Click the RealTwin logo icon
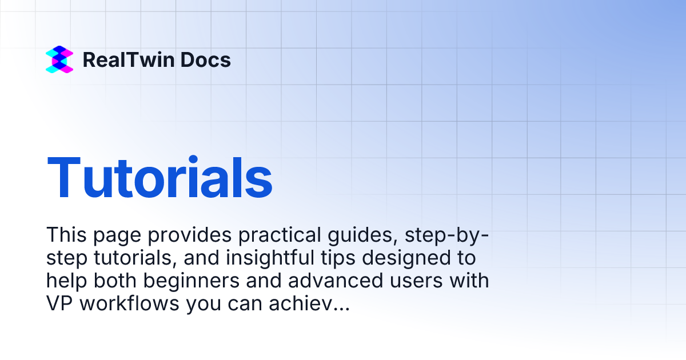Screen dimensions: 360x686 click(59, 59)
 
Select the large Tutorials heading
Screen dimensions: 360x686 click(159, 178)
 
